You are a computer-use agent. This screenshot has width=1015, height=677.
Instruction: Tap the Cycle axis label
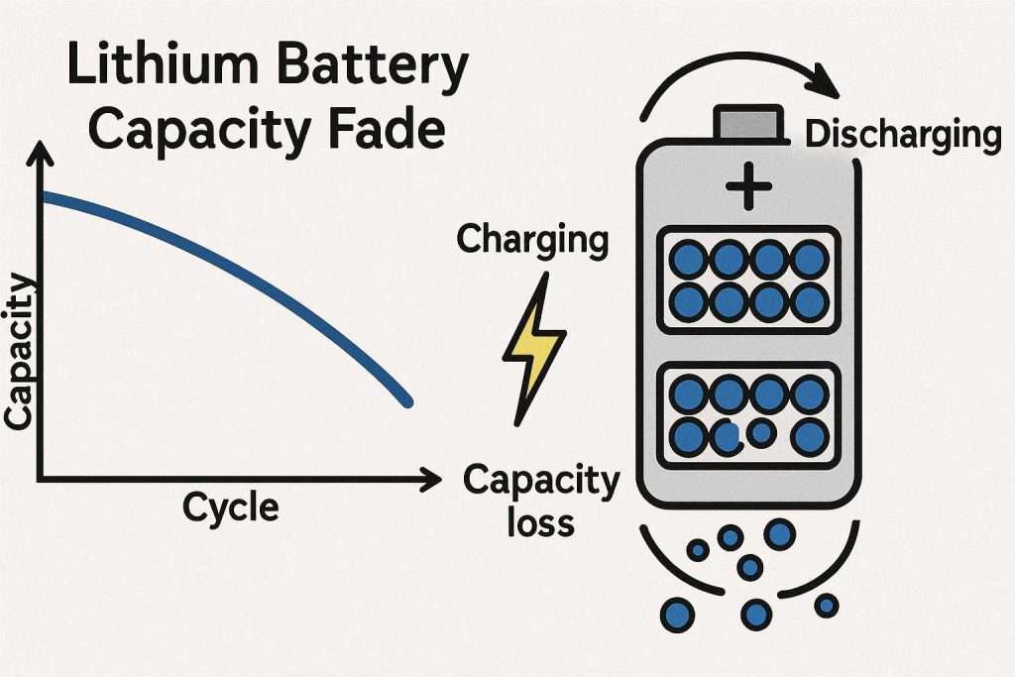[x=230, y=508]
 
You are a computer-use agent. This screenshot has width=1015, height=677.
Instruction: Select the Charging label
[x=532, y=240]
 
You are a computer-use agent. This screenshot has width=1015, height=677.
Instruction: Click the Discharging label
[x=903, y=135]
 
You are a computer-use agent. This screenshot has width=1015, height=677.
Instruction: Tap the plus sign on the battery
[x=749, y=185]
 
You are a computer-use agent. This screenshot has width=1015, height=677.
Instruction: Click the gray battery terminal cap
[x=748, y=122]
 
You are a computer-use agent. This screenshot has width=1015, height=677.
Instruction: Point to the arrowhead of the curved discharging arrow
[x=824, y=81]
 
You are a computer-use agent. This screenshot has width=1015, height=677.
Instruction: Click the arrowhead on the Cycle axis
[x=430, y=480]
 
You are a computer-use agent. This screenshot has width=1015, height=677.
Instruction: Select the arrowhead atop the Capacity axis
[x=40, y=155]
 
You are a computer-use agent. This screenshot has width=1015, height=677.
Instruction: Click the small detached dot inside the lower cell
[x=762, y=432]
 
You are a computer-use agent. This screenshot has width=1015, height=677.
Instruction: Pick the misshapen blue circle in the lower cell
[x=729, y=437]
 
